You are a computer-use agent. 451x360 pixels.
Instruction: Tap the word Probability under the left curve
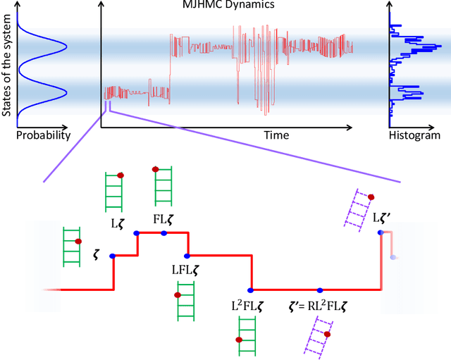[43, 135]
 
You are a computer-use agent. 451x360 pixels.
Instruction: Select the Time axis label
[277, 135]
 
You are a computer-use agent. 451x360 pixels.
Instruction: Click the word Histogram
[414, 135]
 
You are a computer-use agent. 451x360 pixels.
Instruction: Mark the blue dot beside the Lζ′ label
[381, 232]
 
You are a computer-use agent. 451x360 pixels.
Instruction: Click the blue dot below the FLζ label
[163, 232]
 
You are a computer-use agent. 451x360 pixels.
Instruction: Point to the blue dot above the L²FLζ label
[250, 289]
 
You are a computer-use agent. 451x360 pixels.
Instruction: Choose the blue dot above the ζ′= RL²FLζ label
[319, 289]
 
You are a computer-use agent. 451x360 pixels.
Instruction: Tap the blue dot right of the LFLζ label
[187, 256]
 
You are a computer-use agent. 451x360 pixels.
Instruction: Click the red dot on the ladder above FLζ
[155, 169]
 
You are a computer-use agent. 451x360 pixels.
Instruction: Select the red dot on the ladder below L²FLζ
[239, 340]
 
